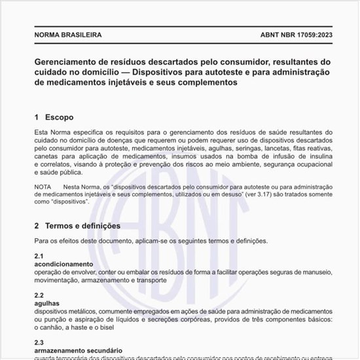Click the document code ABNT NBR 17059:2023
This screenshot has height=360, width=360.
(x=290, y=34)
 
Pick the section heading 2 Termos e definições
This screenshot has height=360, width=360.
(x=77, y=226)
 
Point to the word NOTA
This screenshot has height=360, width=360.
(x=43, y=187)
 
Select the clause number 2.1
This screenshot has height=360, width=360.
(x=39, y=256)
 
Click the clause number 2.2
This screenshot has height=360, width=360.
(x=39, y=296)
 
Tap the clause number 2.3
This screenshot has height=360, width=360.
(x=39, y=342)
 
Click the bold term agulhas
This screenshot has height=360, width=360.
(x=46, y=304)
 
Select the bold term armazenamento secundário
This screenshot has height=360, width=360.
(x=74, y=350)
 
